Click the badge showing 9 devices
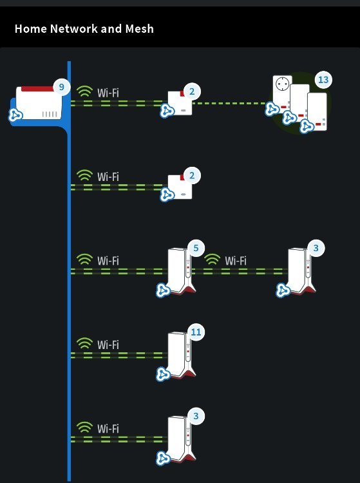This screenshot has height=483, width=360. pyautogui.click(x=61, y=87)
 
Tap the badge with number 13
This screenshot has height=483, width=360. pyautogui.click(x=323, y=80)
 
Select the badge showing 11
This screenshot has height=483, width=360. pyautogui.click(x=196, y=332)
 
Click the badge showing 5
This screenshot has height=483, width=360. pyautogui.click(x=196, y=248)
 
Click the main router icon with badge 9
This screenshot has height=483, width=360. pyautogui.click(x=39, y=103)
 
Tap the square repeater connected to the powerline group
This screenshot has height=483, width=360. pyautogui.click(x=180, y=103)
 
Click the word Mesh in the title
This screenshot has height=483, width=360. pyautogui.click(x=139, y=28)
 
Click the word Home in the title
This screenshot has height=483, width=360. pyautogui.click(x=30, y=28)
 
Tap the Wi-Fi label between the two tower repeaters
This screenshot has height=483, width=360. pyautogui.click(x=236, y=261)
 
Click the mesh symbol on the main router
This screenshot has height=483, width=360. pyautogui.click(x=15, y=115)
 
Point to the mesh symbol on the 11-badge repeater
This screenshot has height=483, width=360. pyautogui.click(x=162, y=374)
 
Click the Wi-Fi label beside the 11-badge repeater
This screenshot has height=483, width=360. pyautogui.click(x=108, y=345)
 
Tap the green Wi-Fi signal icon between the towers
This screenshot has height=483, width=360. pyautogui.click(x=212, y=260)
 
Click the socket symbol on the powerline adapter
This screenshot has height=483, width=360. pyautogui.click(x=282, y=84)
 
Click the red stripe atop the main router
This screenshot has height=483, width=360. pyautogui.click(x=37, y=89)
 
